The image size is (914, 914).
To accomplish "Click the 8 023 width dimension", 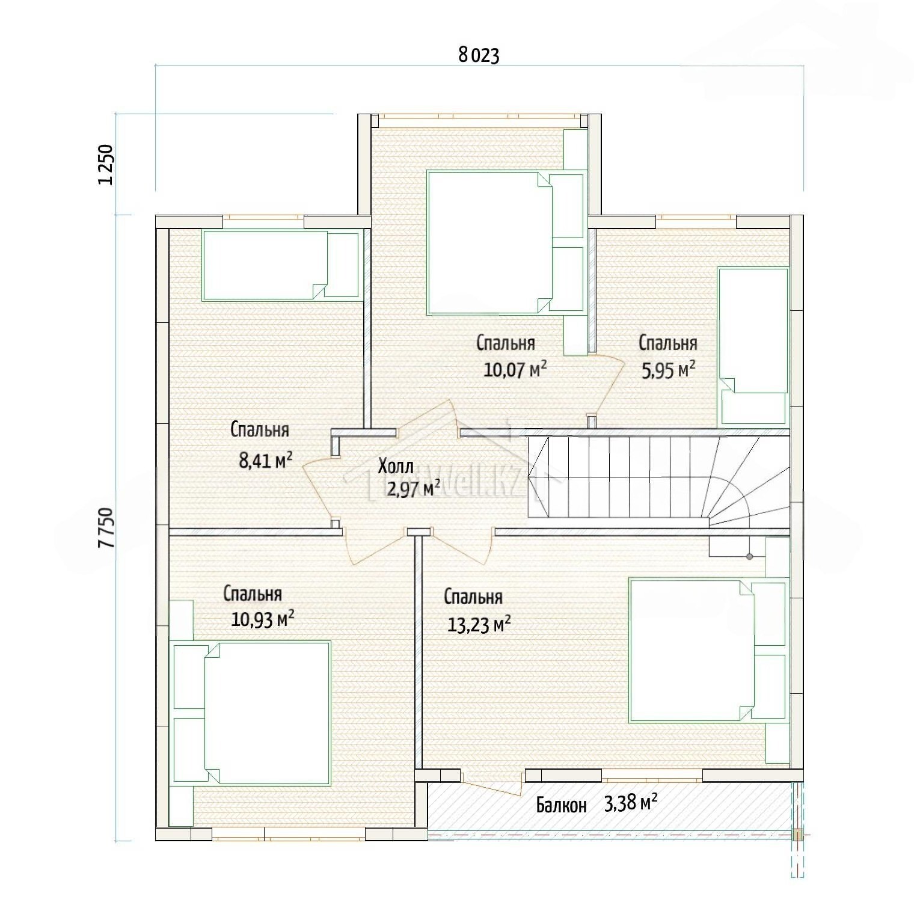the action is (479, 55).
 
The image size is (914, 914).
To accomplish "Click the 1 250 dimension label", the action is (105, 165).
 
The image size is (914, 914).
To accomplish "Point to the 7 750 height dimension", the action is (105, 527).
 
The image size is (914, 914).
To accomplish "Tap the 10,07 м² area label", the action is (515, 369).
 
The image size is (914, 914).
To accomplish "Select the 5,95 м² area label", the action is (668, 369).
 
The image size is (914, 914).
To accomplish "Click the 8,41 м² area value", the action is (266, 460).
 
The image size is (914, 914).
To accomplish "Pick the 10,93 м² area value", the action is (263, 619).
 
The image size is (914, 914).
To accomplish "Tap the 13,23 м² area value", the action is (479, 625).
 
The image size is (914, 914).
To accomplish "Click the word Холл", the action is (396, 466).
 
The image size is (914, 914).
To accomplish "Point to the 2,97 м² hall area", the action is (413, 488).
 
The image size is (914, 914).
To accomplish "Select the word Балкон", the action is (561, 805).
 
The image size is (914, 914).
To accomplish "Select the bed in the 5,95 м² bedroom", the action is (753, 346).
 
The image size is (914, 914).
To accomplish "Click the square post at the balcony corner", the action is (797, 835).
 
